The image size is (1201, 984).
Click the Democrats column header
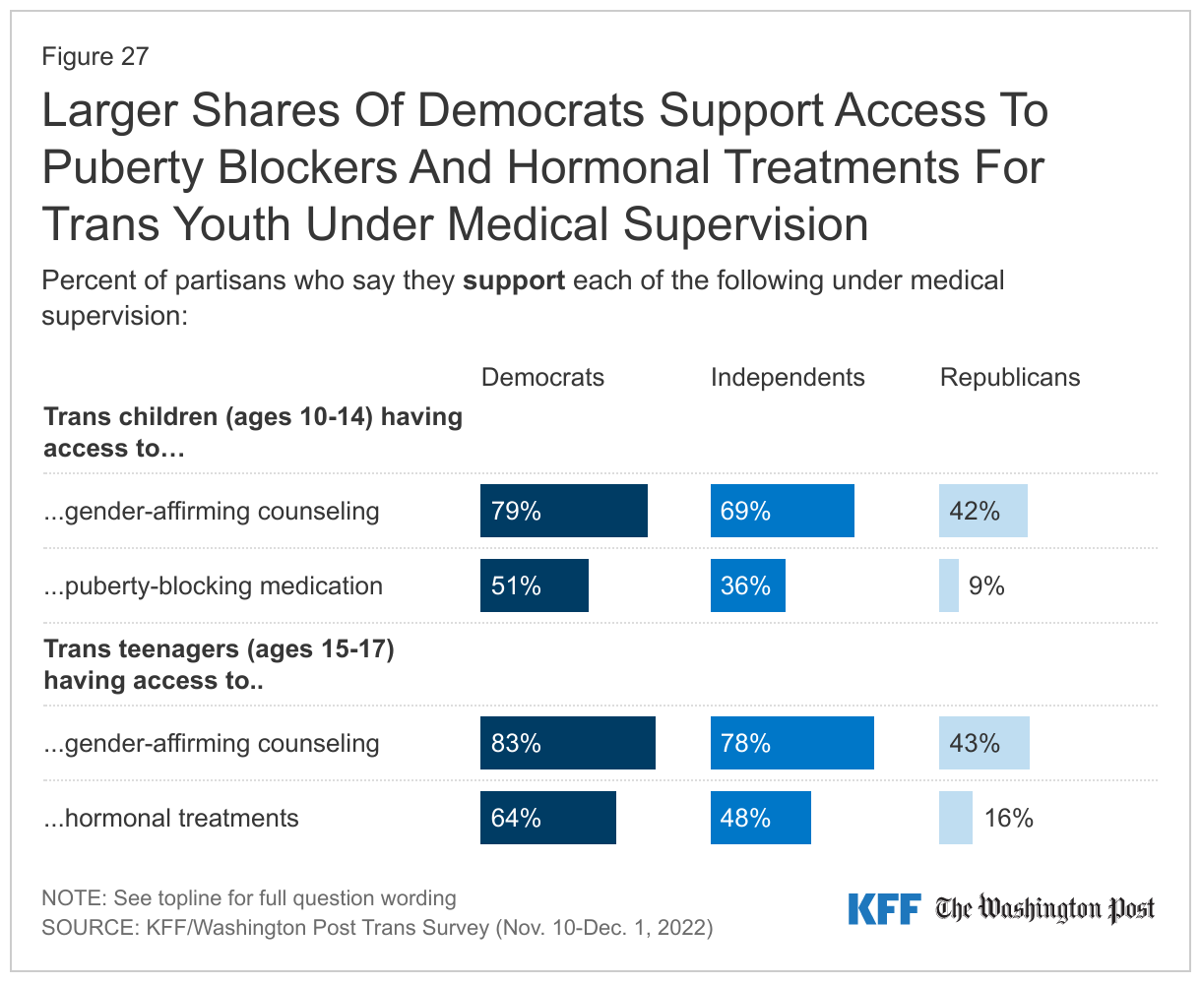[542, 378]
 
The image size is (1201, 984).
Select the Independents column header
[788, 378]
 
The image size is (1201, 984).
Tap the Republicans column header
[1010, 378]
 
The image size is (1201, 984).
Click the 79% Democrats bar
[563, 511]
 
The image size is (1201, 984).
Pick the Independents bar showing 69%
[782, 511]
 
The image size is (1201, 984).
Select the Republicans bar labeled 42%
[982, 511]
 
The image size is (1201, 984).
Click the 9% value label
[986, 586]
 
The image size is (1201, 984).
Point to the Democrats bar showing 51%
[534, 586]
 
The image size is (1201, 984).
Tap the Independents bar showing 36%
[747, 586]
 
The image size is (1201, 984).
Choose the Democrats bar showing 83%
[567, 743]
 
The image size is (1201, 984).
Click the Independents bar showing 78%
[791, 743]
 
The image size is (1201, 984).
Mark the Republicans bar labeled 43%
[983, 743]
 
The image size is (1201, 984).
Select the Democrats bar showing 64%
[547, 818]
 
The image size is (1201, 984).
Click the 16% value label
[1009, 818]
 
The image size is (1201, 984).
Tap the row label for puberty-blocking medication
[213, 586]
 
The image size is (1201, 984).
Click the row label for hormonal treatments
[171, 818]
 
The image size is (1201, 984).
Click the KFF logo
[883, 909]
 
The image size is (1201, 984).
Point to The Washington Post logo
[1044, 909]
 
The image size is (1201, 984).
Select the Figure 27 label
[95, 57]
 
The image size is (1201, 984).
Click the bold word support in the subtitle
[514, 280]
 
